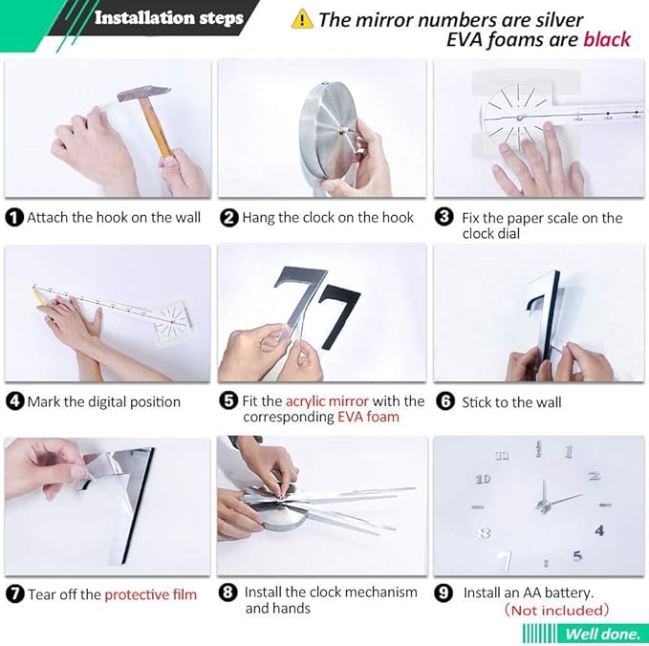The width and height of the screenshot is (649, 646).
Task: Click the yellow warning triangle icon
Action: [x=302, y=19]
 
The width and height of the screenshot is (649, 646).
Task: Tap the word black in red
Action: [x=607, y=40]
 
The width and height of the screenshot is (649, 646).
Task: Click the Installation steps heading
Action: [x=169, y=18]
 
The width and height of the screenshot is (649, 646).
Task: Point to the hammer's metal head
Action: [x=143, y=93]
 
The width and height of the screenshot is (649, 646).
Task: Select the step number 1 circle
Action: [x=14, y=218]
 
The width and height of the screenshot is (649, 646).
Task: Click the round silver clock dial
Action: [x=329, y=128]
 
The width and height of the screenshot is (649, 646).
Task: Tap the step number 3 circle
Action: [x=444, y=217]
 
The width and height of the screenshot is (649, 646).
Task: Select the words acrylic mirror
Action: [x=327, y=401]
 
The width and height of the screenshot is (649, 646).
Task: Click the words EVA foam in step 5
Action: [x=368, y=417]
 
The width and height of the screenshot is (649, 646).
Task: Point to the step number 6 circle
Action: [x=445, y=401]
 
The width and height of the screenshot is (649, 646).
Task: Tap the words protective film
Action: [x=151, y=594]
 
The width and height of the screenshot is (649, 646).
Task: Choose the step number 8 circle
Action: [x=228, y=592]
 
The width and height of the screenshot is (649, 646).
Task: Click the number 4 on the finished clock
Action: [x=599, y=530]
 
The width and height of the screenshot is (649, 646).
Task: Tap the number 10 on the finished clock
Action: [x=483, y=479]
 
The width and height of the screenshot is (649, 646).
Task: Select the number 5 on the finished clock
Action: [x=578, y=556]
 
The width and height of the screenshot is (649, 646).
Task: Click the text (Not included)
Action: [x=556, y=611]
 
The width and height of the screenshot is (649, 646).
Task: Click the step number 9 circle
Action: [x=443, y=593]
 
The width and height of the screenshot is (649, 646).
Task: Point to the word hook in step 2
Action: [x=400, y=218]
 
